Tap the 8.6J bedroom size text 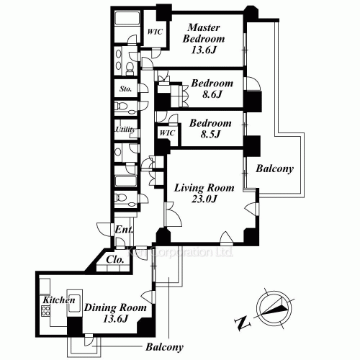click(210, 94)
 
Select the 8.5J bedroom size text click(210, 133)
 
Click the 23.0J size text click(204, 201)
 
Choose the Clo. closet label click(115, 258)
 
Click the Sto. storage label click(125, 91)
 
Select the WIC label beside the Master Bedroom click(153, 32)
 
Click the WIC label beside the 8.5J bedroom click(166, 133)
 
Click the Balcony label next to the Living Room click(274, 170)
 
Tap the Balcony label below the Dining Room click(164, 347)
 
